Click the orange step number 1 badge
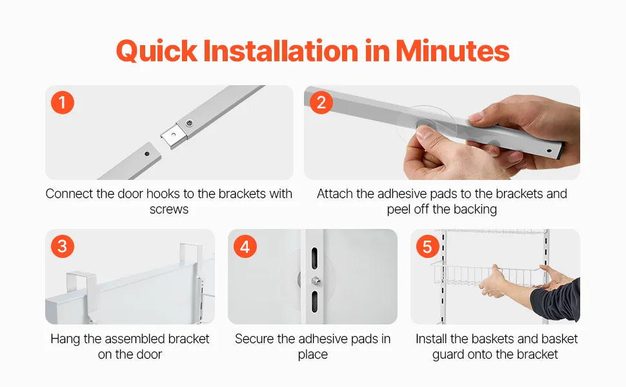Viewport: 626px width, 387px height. [63, 103]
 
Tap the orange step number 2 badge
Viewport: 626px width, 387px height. [321, 103]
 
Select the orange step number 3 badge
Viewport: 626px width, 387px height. [63, 246]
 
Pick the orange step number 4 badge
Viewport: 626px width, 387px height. [245, 246]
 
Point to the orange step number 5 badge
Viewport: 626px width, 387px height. [428, 246]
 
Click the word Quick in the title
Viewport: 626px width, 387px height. [157, 52]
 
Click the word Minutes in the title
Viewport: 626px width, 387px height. [452, 51]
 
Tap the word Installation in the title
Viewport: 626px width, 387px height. [281, 51]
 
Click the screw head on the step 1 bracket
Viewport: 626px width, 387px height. [190, 123]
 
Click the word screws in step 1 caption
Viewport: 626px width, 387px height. [169, 209]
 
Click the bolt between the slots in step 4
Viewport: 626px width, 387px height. [316, 281]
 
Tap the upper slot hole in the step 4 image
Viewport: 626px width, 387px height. [314, 258]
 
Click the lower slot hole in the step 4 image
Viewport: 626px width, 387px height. [314, 302]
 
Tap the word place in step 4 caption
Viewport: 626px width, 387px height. [312, 355]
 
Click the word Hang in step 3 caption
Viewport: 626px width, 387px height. [65, 339]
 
